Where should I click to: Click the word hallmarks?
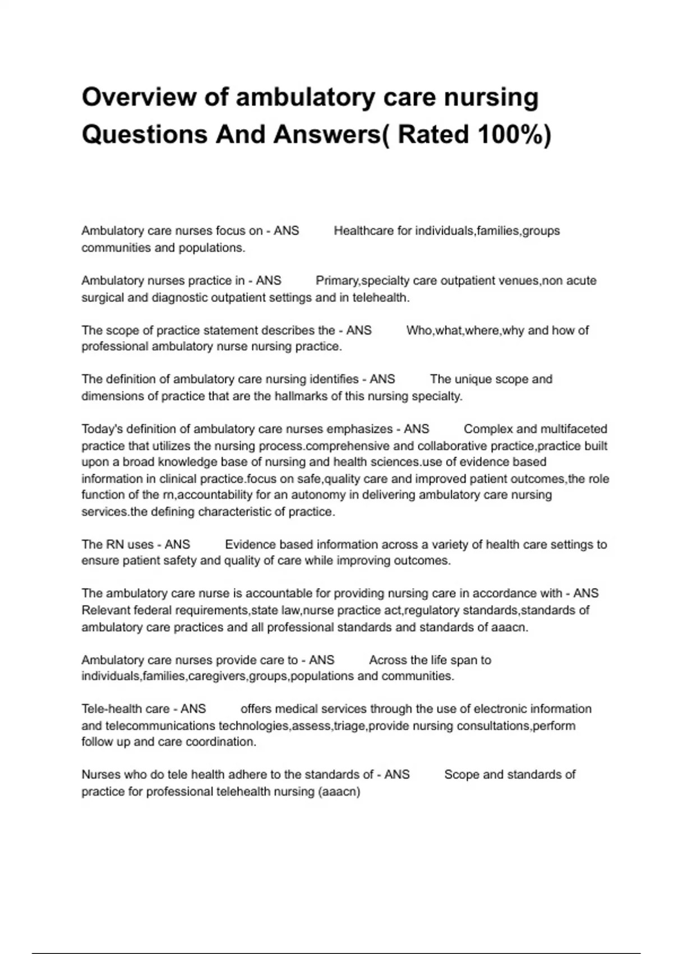(299, 396)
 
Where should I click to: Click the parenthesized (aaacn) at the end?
(339, 792)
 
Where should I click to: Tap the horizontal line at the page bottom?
(336, 953)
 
